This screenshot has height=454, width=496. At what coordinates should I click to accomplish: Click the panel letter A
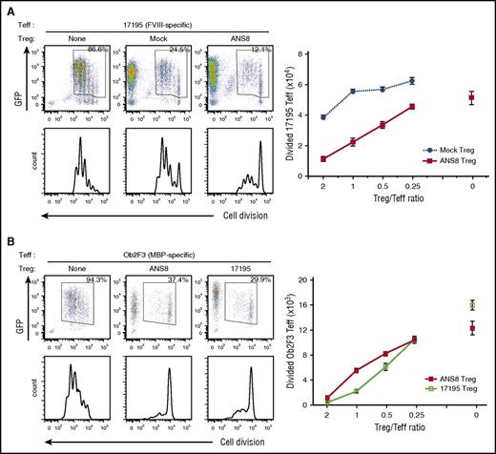point(7,8)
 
